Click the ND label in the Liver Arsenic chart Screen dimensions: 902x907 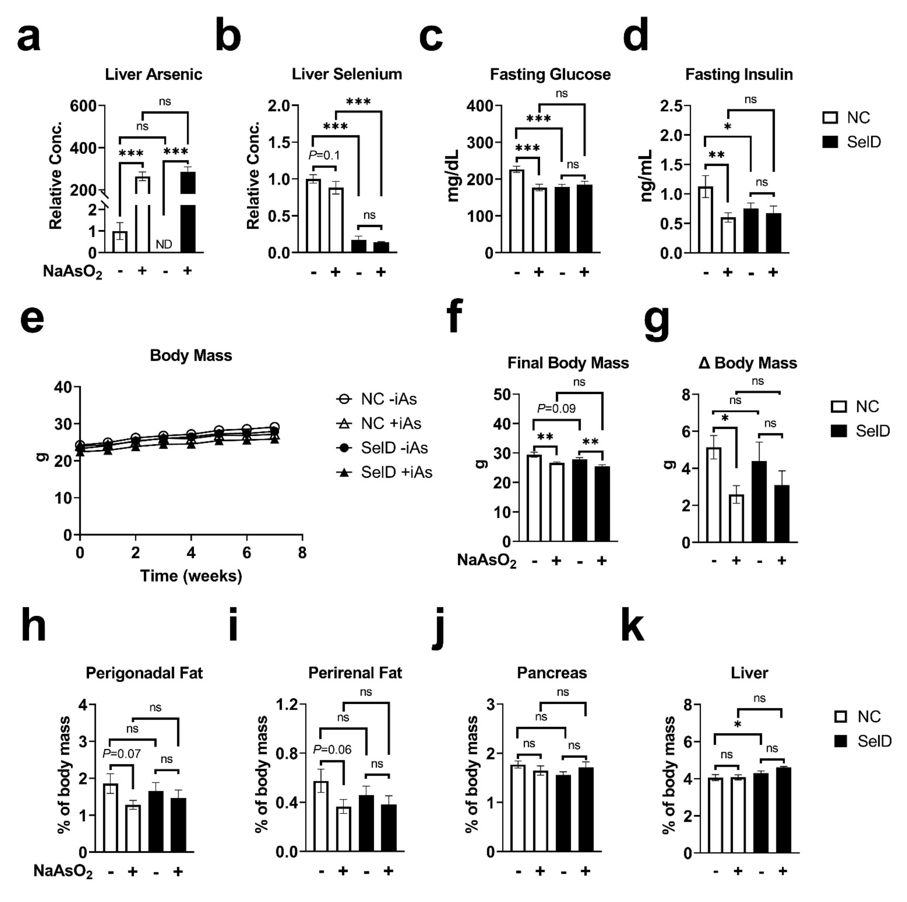point(164,244)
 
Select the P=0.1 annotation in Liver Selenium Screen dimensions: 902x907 point(324,155)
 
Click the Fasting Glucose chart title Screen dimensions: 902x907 point(550,74)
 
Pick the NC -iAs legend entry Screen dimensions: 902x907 point(377,399)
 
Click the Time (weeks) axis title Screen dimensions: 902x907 point(191,576)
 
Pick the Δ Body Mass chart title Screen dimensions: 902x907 point(747,363)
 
